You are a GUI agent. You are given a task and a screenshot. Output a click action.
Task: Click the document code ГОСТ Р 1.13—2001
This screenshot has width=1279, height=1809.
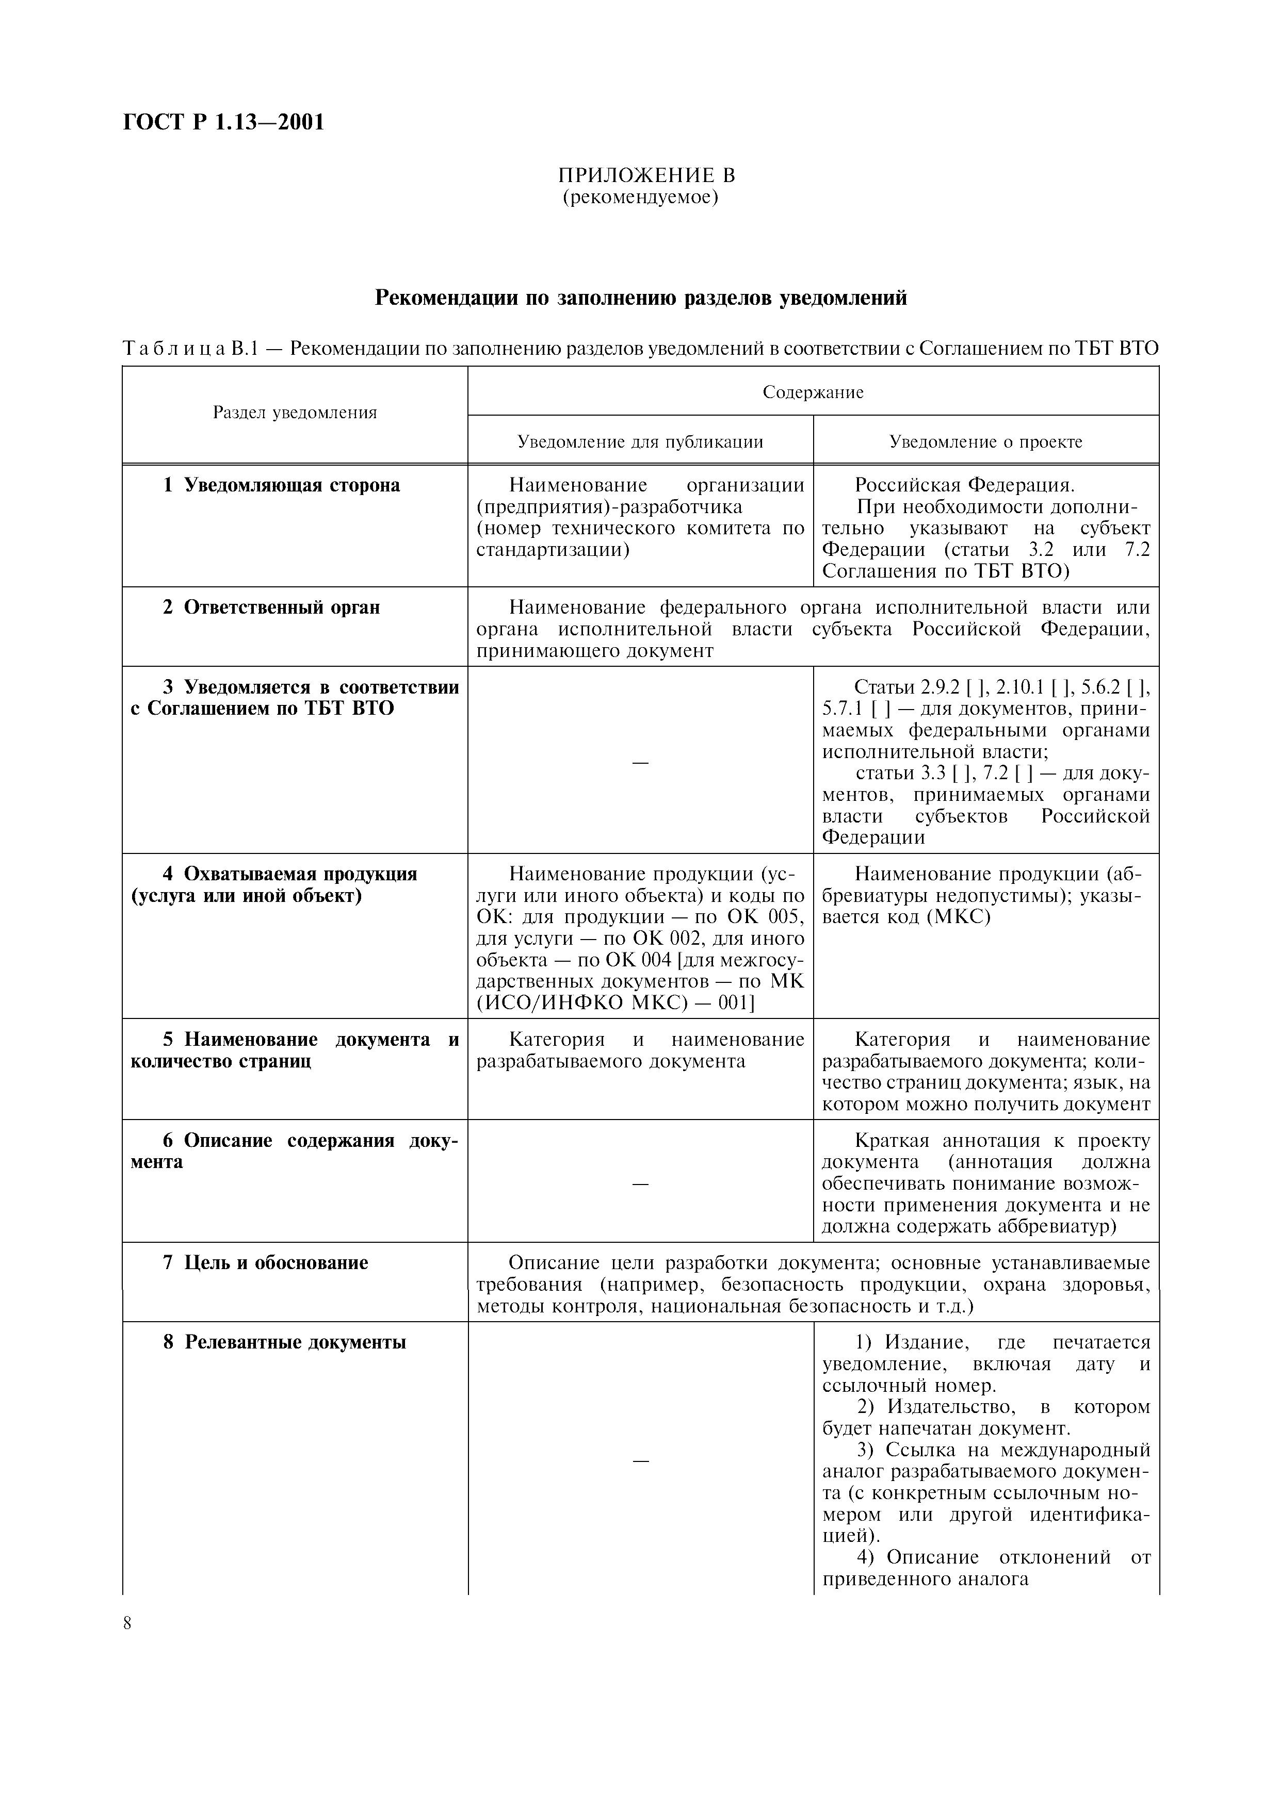click(x=224, y=123)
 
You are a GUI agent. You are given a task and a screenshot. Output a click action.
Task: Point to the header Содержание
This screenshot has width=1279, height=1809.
click(x=813, y=392)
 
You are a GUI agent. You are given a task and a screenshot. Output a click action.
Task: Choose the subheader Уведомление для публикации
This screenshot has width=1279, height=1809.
click(x=640, y=441)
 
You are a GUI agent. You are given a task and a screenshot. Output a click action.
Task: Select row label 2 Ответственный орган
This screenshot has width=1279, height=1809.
click(x=272, y=607)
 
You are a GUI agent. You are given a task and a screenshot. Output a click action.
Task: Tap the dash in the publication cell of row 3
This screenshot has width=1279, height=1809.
click(x=640, y=762)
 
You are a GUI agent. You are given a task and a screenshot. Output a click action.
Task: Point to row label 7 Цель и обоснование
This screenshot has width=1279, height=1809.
click(x=266, y=1263)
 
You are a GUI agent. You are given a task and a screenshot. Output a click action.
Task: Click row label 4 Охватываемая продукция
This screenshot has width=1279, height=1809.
click(x=290, y=875)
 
